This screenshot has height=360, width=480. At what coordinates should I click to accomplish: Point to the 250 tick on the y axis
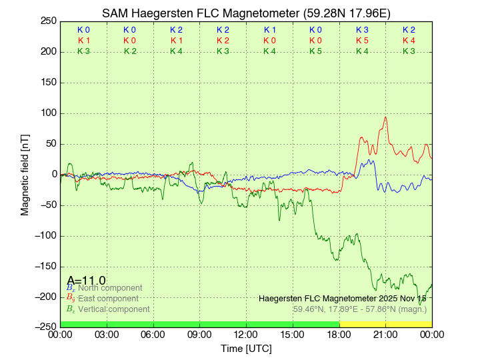48,21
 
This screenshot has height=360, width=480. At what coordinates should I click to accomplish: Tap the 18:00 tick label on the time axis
339,333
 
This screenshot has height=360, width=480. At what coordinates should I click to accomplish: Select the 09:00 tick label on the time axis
200,333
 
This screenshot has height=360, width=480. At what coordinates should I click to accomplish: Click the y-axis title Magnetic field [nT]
25,174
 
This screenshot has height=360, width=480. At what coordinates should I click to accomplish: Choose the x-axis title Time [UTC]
246,348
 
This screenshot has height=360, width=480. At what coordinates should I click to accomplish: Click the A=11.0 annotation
86,281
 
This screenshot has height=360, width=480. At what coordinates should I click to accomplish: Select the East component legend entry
107,299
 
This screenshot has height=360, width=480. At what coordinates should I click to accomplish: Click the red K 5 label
362,41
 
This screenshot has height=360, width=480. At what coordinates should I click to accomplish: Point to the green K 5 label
316,51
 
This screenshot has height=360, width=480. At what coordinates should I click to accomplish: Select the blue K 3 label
362,30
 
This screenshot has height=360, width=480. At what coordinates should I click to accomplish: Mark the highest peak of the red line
385,118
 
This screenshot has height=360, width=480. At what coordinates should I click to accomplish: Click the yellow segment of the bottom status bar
385,324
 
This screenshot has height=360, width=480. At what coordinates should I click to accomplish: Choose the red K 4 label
409,41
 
